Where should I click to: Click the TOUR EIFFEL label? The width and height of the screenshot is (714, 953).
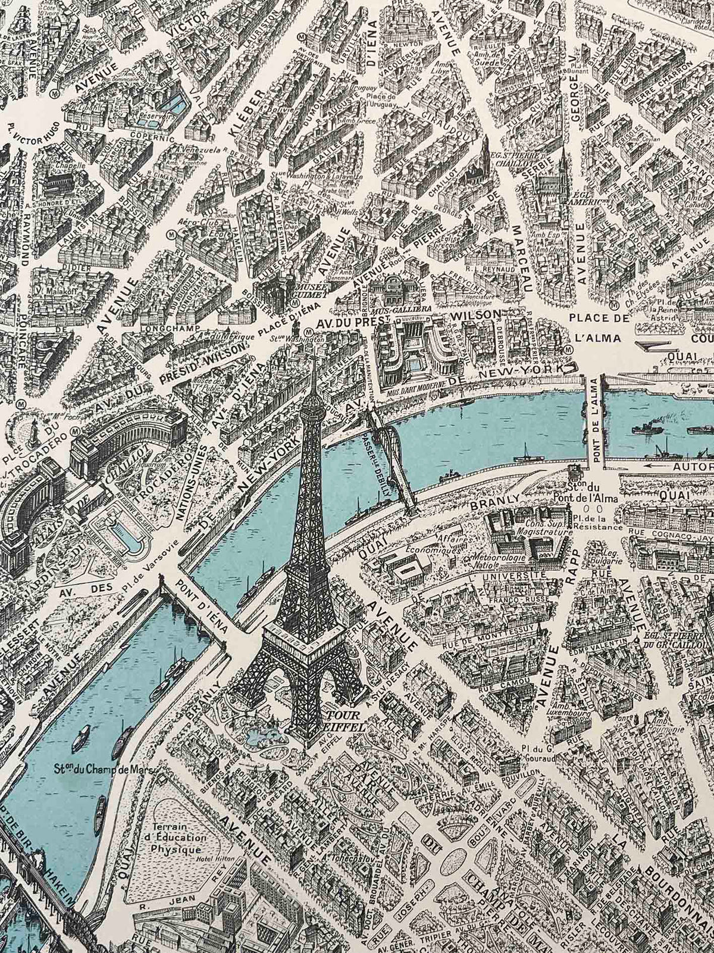coord(343,715)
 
